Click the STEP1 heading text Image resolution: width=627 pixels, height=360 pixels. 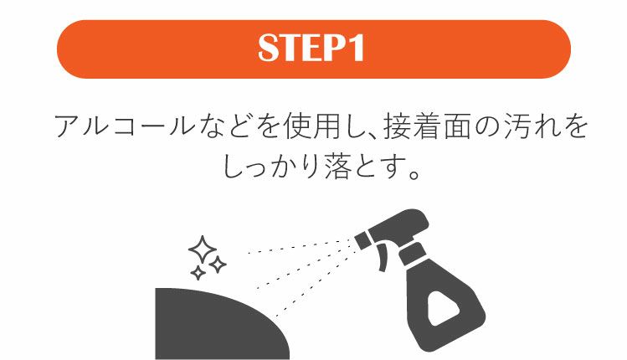[313, 49]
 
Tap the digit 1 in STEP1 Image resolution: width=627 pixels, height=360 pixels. [359, 49]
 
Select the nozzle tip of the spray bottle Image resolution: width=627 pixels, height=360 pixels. [361, 240]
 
